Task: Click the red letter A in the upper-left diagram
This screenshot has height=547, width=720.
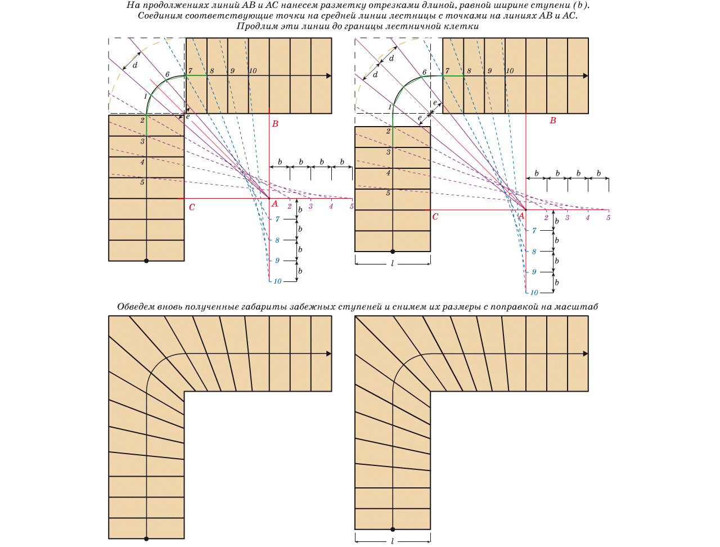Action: click(274, 204)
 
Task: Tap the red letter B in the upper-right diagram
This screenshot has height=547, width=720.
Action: click(553, 120)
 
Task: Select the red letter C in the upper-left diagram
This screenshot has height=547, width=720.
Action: click(192, 207)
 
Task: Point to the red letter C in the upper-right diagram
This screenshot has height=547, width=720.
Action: click(435, 216)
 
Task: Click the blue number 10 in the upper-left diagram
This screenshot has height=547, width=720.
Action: click(277, 281)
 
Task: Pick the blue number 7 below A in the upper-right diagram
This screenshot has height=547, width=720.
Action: click(534, 231)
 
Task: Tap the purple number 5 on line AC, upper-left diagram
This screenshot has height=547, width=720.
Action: click(352, 207)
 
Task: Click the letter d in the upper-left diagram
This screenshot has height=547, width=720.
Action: click(135, 65)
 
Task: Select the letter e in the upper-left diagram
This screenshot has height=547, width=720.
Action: click(187, 116)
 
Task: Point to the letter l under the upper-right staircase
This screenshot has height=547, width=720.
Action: click(392, 263)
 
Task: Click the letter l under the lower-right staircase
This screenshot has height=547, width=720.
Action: click(392, 541)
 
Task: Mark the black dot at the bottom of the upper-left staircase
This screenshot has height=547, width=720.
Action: click(146, 261)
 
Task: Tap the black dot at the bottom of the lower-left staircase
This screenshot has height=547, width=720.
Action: click(146, 539)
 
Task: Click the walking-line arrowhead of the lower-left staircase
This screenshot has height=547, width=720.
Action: click(328, 353)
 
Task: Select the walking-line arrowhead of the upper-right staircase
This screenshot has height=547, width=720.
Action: click(586, 75)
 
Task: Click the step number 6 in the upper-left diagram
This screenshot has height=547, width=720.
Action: click(167, 74)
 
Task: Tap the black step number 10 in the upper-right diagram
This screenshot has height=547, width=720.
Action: click(510, 71)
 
